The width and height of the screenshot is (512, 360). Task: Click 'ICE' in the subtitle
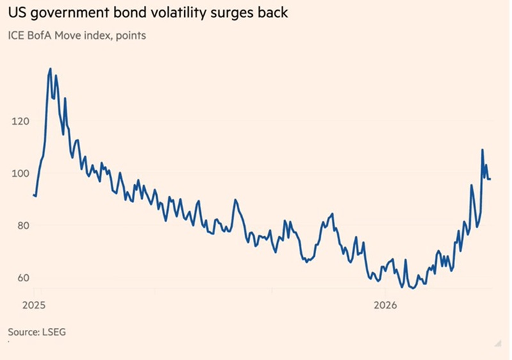[16, 35]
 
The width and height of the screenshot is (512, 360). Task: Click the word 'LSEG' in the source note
[54, 332]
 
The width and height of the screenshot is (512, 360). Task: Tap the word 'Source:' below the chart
[24, 332]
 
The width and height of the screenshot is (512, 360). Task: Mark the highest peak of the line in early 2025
[50, 69]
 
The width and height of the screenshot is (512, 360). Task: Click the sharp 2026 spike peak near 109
[482, 150]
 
